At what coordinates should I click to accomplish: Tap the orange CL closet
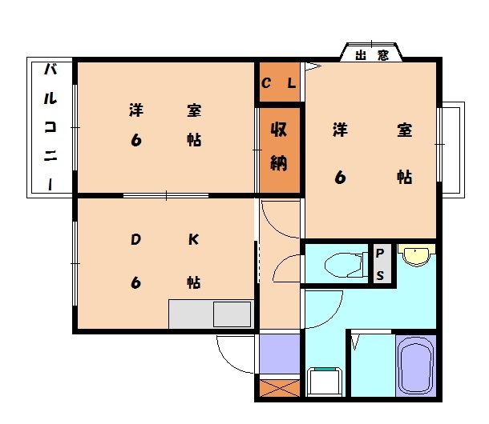[x=278, y=82]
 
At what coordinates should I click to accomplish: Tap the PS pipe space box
[x=380, y=264]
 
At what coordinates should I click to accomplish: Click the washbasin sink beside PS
[x=415, y=255]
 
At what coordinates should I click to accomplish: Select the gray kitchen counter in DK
[x=211, y=313]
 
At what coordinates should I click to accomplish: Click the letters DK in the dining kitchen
[x=164, y=239]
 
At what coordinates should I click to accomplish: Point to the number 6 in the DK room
[x=135, y=282]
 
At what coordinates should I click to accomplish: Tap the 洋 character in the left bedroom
[x=135, y=110]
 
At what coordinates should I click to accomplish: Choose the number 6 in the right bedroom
[x=340, y=177]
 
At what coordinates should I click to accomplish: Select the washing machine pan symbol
[x=325, y=382]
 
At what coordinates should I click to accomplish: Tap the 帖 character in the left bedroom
[x=193, y=140]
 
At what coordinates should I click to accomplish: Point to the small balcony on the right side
[x=451, y=148]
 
